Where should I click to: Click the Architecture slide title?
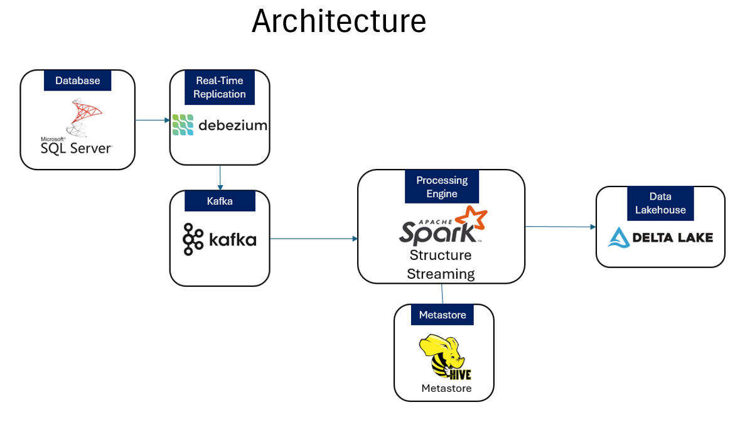[339, 21]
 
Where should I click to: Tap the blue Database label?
[77, 80]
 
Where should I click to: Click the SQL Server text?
[76, 148]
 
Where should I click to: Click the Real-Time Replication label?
[219, 87]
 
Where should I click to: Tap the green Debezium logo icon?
[183, 125]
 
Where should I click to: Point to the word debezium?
[232, 125]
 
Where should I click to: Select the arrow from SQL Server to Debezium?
[153, 119]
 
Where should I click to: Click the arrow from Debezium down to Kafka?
[220, 178]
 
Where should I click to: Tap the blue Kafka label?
[220, 201]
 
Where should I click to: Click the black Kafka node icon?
[193, 239]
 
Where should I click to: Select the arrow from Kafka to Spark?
[314, 239]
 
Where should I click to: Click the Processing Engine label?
[442, 187]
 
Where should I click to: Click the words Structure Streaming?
[441, 264]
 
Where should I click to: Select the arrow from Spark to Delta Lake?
[560, 227]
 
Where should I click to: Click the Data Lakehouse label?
[660, 203]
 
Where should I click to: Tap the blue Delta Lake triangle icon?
[619, 237]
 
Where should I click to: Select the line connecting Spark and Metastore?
[442, 294]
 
